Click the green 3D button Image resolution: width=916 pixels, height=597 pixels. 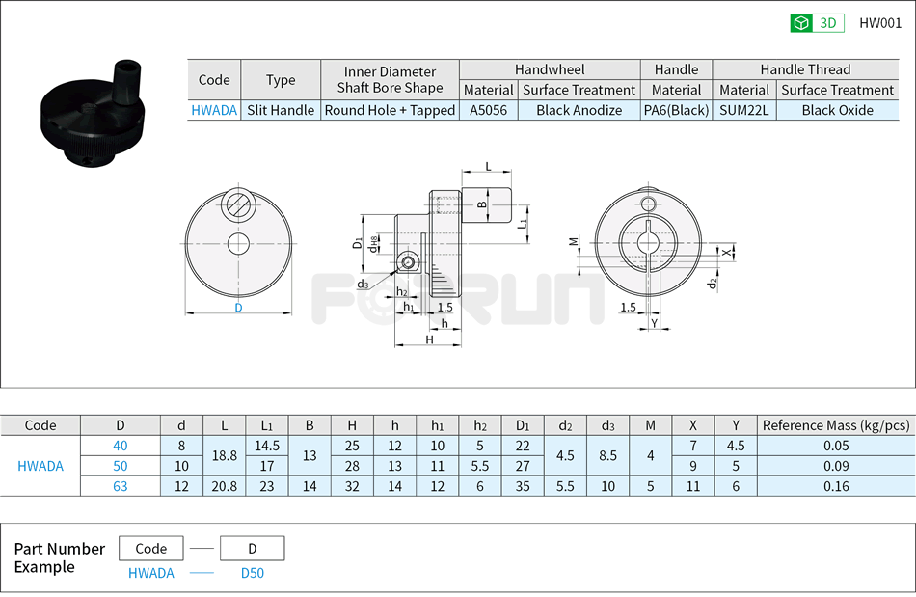pyautogui.click(x=817, y=23)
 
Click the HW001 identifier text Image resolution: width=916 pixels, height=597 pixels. pyautogui.click(x=880, y=23)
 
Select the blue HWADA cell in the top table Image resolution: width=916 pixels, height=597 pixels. pyautogui.click(x=214, y=110)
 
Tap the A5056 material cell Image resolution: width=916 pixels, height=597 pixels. pyautogui.click(x=488, y=110)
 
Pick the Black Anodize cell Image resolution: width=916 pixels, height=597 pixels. pyautogui.click(x=579, y=110)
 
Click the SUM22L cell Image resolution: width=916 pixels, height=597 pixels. pyautogui.click(x=744, y=110)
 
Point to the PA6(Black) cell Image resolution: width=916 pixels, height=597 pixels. pyautogui.click(x=676, y=110)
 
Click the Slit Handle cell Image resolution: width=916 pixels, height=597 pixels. pyautogui.click(x=280, y=110)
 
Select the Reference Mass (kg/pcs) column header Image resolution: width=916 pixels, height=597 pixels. pyautogui.click(x=835, y=425)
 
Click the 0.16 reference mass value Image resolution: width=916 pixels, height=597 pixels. pyautogui.click(x=835, y=486)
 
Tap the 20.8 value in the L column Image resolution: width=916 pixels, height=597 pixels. pyautogui.click(x=224, y=486)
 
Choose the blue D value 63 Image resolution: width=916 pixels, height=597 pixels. pyautogui.click(x=121, y=486)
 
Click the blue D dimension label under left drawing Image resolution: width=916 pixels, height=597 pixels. pyautogui.click(x=238, y=308)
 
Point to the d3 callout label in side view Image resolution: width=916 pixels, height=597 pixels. pyautogui.click(x=362, y=284)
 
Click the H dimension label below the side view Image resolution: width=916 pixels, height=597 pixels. pyautogui.click(x=429, y=339)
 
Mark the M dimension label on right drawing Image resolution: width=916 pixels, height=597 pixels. pyautogui.click(x=573, y=241)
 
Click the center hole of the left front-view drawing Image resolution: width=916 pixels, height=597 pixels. pyautogui.click(x=238, y=243)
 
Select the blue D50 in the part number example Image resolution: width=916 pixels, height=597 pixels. pyautogui.click(x=252, y=573)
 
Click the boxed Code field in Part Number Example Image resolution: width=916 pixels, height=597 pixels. pyautogui.click(x=151, y=549)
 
